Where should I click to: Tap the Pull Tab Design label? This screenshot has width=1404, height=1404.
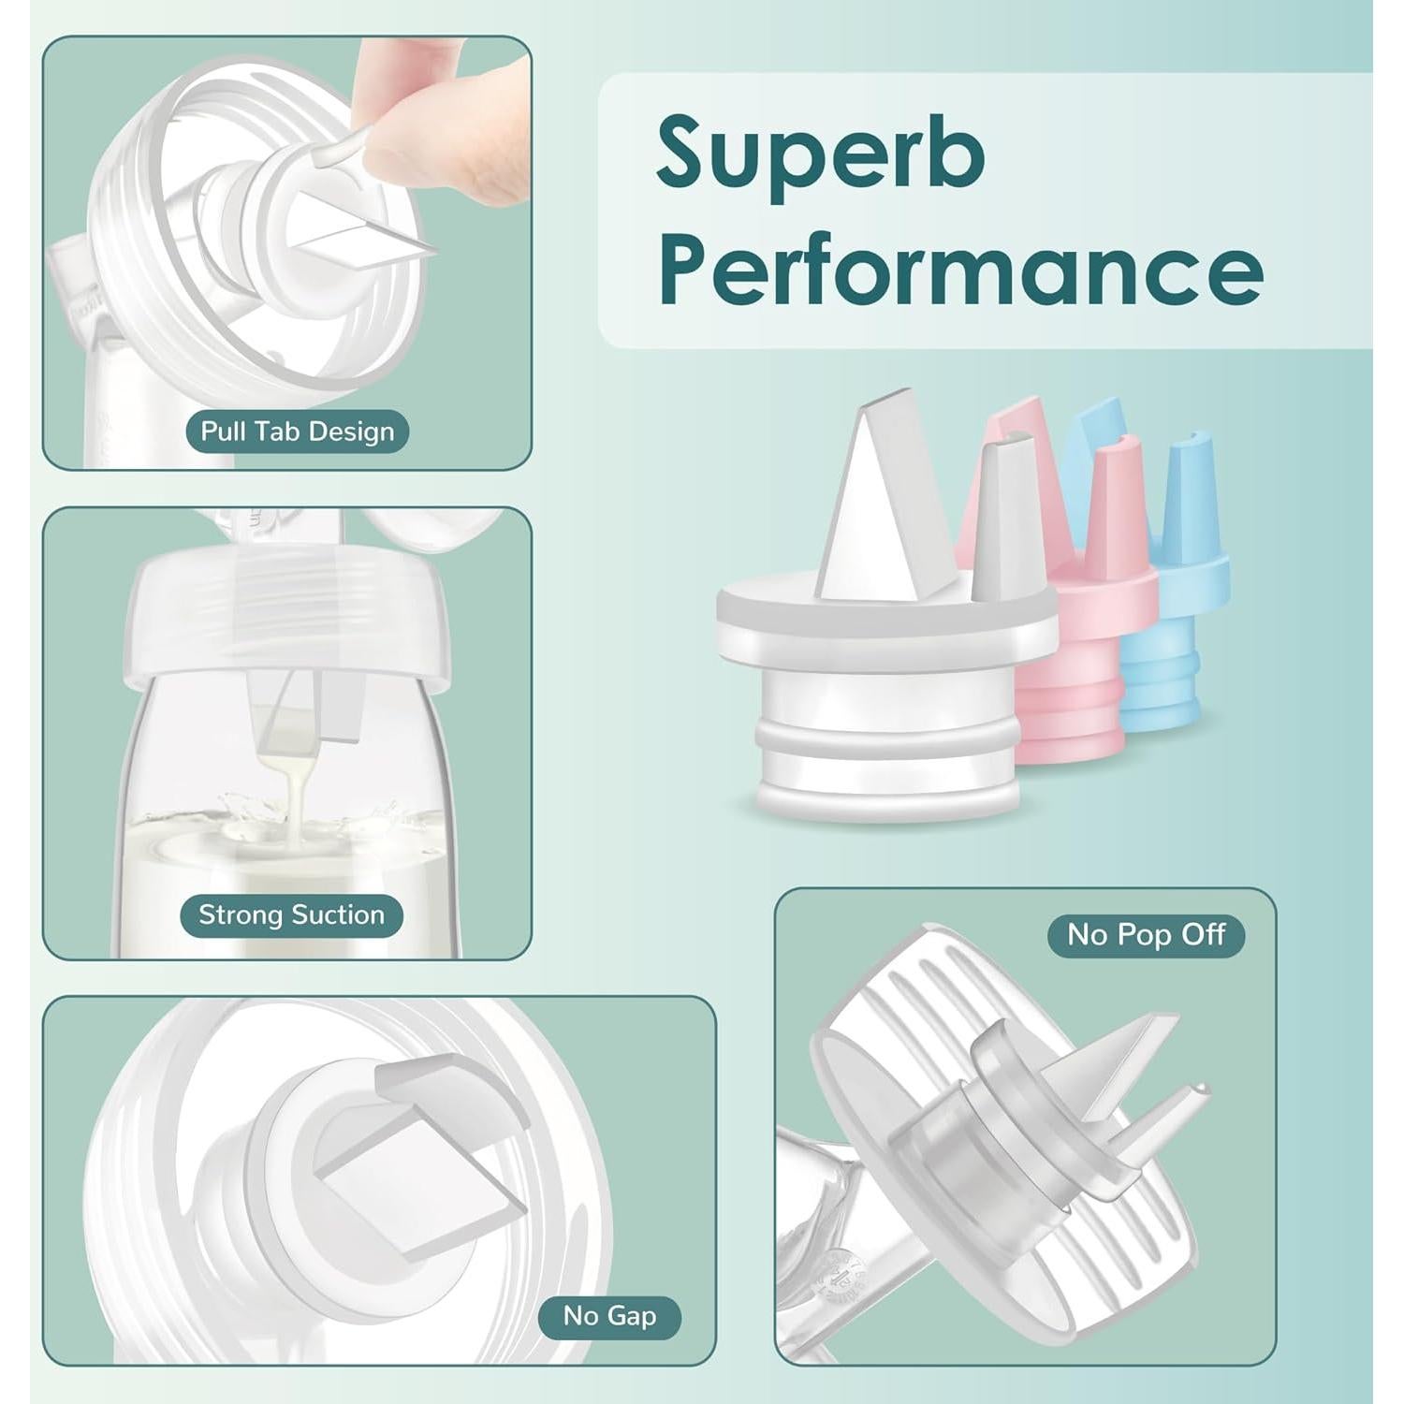(297, 431)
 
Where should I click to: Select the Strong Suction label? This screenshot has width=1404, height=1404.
(291, 914)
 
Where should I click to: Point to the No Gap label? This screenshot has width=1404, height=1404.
(609, 1316)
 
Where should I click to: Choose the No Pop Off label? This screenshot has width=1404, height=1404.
(1146, 934)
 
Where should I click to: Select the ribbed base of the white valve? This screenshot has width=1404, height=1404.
(887, 749)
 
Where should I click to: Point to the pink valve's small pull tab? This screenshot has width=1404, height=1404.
(1119, 487)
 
